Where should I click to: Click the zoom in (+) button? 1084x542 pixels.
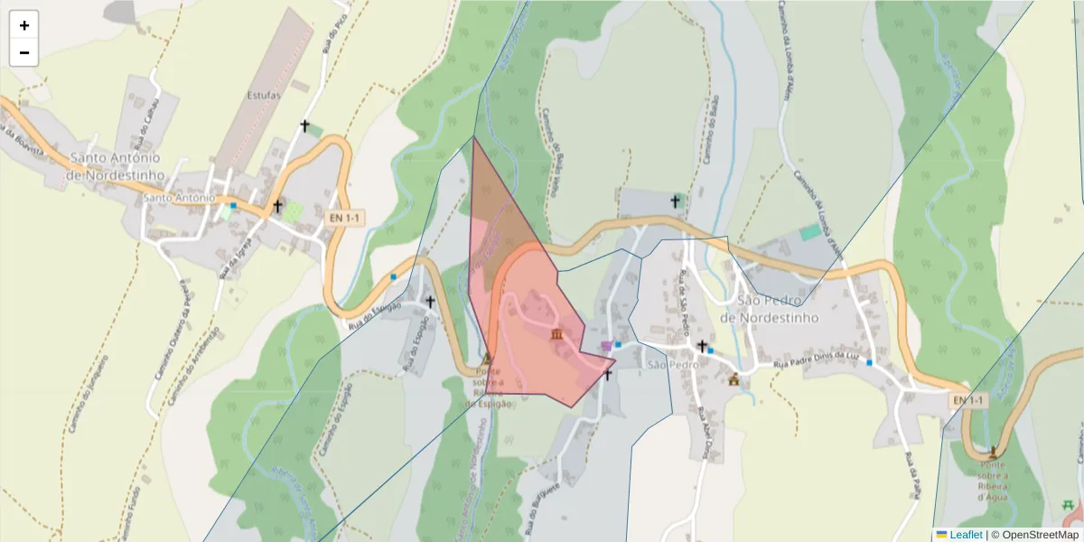click(24, 25)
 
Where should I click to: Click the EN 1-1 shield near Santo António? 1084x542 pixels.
click(345, 218)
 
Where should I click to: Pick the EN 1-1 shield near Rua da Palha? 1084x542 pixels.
click(967, 399)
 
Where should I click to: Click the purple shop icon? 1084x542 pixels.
click(605, 346)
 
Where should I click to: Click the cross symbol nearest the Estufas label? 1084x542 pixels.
click(305, 126)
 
